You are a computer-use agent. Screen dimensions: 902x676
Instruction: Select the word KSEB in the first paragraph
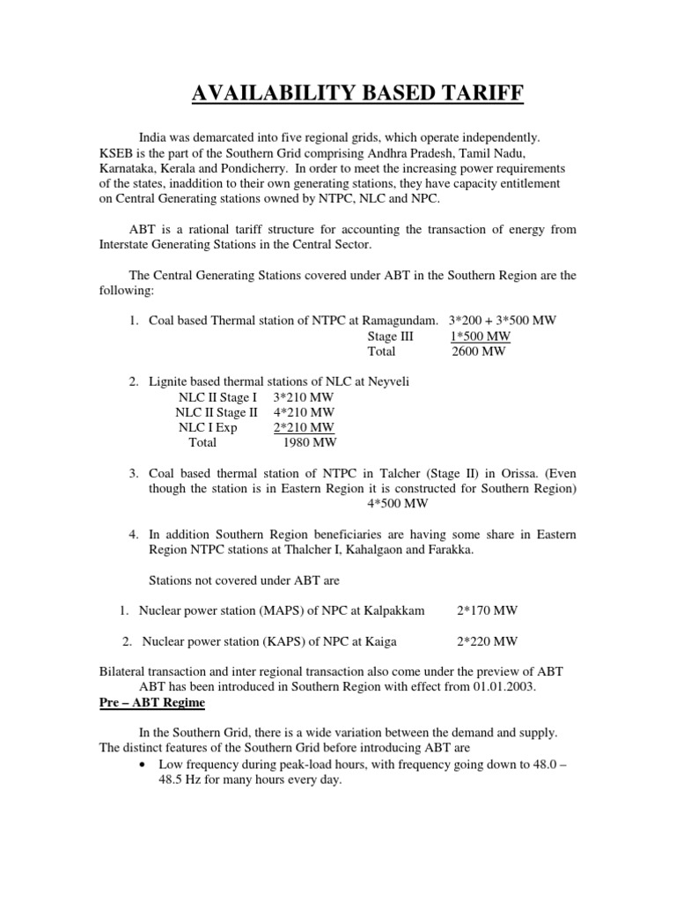118,152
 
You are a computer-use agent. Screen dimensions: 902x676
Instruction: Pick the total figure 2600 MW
480,351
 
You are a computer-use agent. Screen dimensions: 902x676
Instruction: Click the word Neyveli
385,381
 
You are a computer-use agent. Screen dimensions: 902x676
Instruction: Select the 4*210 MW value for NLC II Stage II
305,412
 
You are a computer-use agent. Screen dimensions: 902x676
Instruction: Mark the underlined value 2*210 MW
305,427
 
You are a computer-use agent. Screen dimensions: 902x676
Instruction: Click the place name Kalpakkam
393,610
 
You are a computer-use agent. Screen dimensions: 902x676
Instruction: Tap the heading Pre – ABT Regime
152,701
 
